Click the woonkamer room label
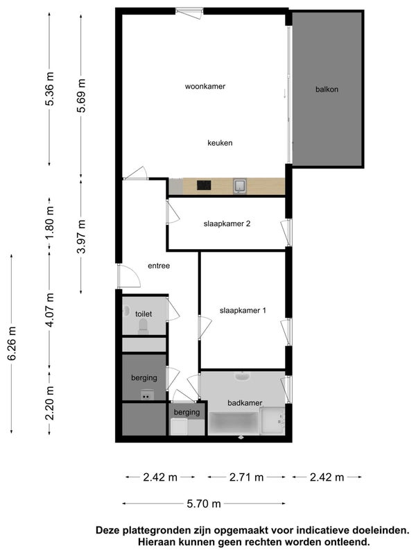[205, 86]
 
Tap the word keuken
[220, 143]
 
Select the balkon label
[327, 89]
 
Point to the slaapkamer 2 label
[227, 223]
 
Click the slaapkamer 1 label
[243, 310]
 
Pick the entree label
[159, 266]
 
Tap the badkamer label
[245, 403]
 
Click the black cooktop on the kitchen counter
[204, 185]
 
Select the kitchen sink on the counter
[240, 186]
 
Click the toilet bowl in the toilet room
[144, 326]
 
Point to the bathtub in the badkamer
[234, 423]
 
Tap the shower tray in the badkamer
[272, 421]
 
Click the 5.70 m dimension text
[204, 504]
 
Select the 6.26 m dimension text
[12, 343]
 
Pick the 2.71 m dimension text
[247, 477]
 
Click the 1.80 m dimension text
[50, 223]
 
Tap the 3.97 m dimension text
[81, 237]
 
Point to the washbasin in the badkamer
[243, 376]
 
